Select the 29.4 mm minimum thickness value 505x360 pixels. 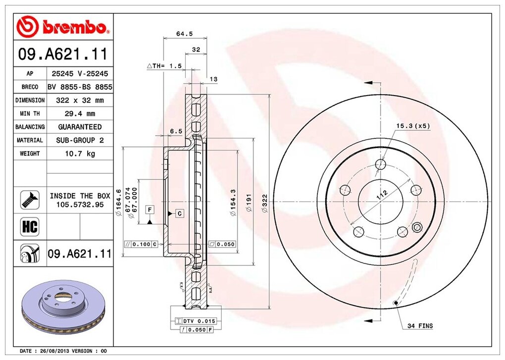point(80,113)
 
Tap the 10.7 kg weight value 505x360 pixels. point(80,154)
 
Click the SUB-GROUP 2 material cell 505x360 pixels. point(80,140)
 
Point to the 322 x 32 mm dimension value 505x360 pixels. point(80,100)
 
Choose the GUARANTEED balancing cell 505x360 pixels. point(80,127)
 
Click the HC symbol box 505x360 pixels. point(29,227)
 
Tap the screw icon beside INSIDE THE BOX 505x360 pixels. point(29,200)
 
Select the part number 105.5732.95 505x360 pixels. point(80,204)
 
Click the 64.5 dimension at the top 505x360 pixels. point(184,34)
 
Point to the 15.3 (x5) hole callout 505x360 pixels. point(412,126)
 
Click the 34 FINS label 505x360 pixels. point(420,326)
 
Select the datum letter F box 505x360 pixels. point(149,210)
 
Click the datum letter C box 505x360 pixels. point(179,213)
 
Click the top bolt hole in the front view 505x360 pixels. point(380,164)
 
